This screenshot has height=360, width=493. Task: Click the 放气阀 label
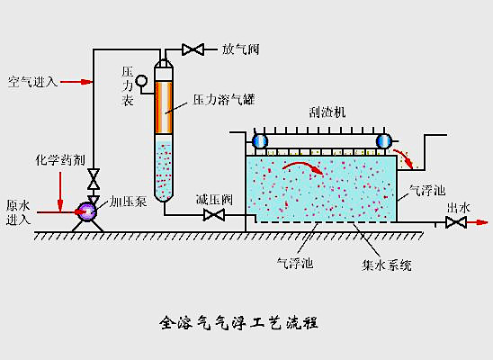241,49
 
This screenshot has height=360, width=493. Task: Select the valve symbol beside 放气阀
193,49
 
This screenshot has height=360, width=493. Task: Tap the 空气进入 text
32,82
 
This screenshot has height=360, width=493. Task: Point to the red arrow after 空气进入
76,82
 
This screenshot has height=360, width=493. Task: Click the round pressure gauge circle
141,80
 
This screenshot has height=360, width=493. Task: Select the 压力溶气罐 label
223,100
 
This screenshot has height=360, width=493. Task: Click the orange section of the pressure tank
164,107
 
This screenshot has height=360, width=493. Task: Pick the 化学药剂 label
60,159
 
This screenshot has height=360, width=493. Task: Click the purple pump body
86,211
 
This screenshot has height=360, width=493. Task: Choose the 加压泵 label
128,202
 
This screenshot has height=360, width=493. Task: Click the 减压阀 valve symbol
214,215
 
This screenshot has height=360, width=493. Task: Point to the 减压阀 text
214,199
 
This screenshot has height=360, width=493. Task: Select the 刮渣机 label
327,112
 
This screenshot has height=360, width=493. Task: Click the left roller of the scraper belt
260,141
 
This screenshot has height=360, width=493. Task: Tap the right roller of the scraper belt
383,141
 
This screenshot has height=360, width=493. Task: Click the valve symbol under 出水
456,222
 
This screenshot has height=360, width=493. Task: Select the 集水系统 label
387,265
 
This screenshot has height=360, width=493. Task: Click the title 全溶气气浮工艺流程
239,322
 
